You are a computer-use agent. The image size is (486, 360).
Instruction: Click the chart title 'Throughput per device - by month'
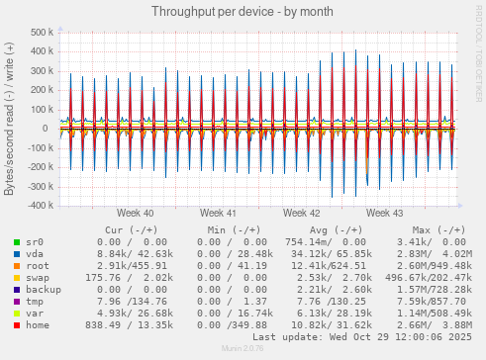coord(243,11)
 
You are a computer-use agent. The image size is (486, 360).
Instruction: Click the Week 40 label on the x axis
coord(135,213)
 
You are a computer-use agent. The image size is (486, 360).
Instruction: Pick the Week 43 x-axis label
coord(384,213)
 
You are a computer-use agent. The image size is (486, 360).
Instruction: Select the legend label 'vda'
coord(35,254)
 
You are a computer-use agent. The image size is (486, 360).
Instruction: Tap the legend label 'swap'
coord(38,278)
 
